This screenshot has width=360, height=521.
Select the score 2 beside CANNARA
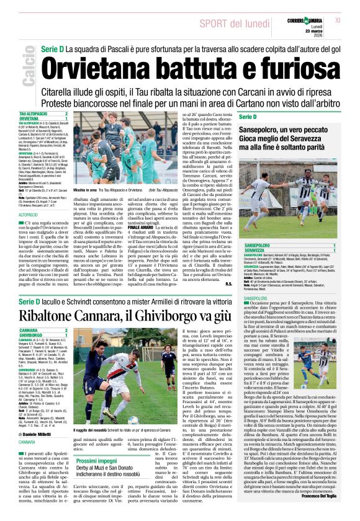tap(66, 330)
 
